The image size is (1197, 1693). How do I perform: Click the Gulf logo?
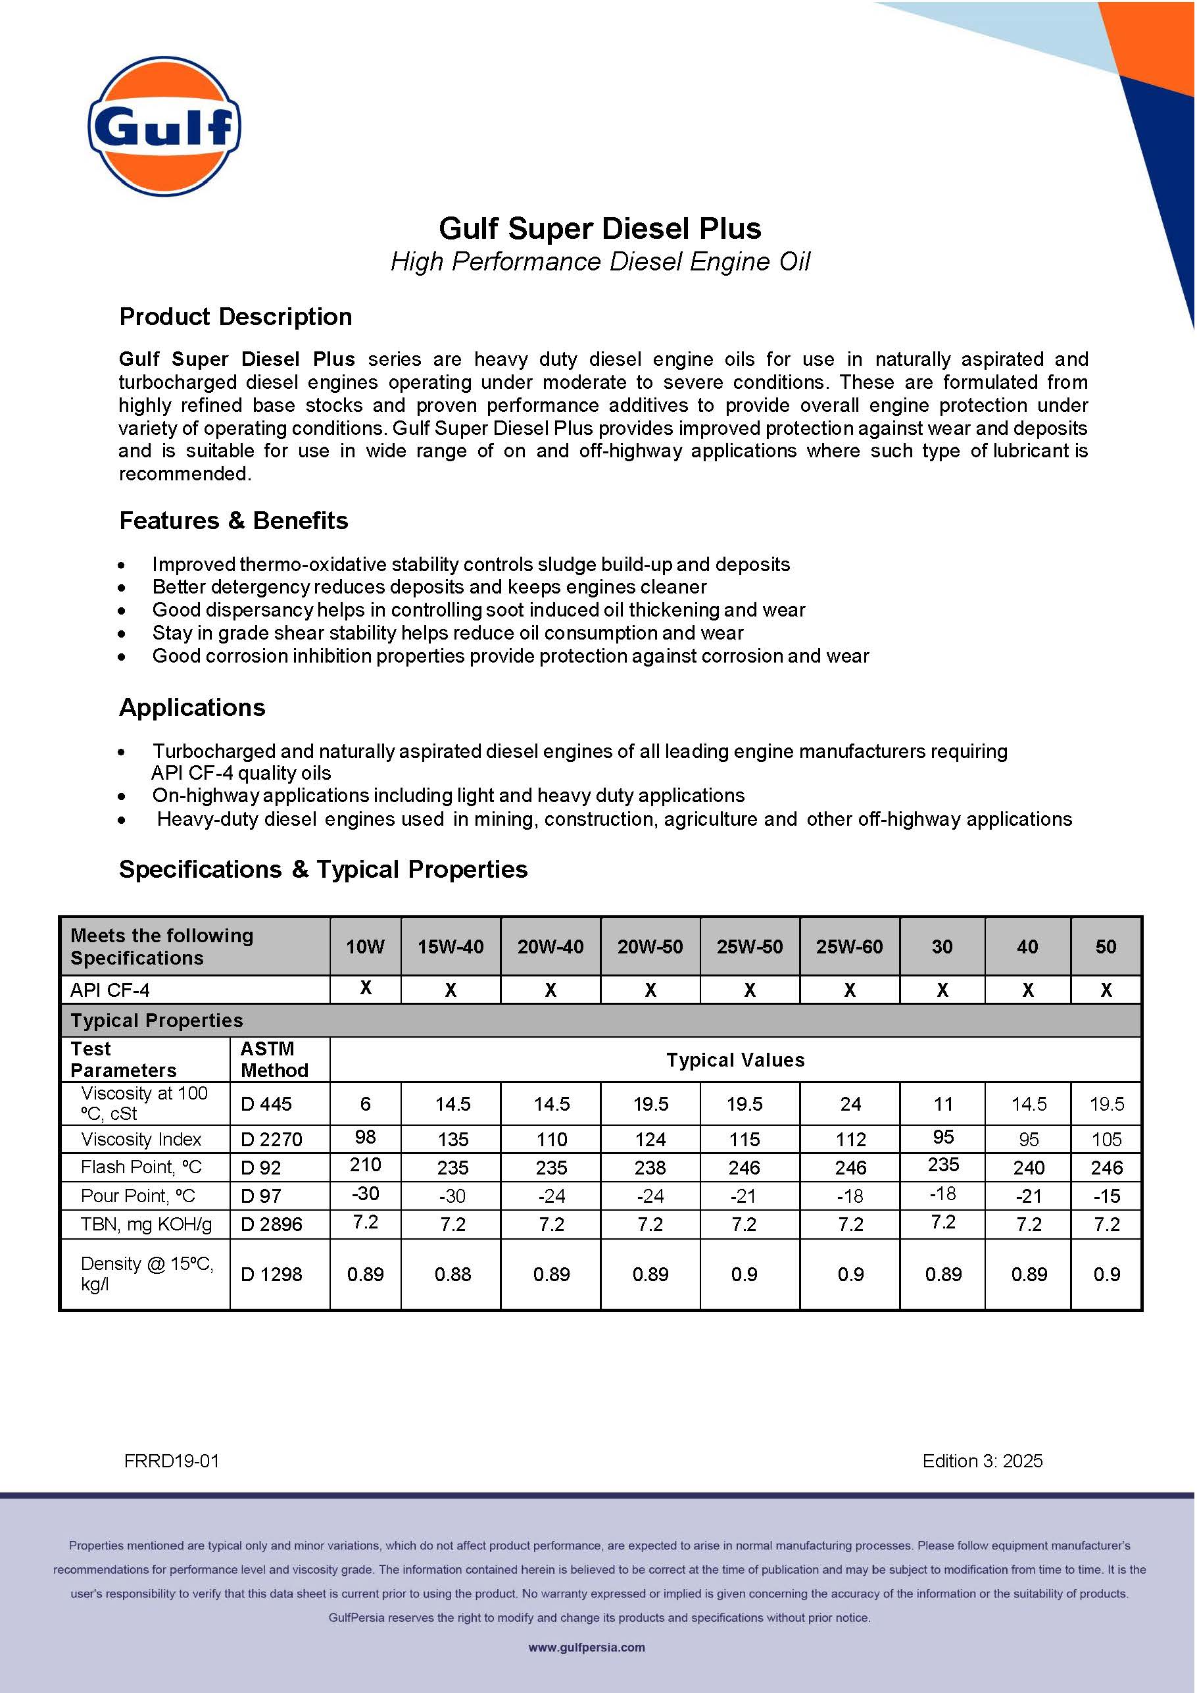(164, 126)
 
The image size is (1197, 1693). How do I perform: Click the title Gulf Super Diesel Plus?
(599, 228)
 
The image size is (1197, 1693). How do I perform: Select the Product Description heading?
(235, 316)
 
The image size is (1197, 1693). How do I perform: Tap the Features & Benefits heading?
(233, 520)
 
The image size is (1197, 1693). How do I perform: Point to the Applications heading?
(191, 707)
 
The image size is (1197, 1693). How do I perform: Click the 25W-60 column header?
(849, 947)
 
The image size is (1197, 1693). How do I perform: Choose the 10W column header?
(365, 947)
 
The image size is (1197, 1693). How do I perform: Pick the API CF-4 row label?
(110, 990)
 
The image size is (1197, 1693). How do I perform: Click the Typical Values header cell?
(735, 1059)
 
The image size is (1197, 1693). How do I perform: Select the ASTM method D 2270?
(271, 1139)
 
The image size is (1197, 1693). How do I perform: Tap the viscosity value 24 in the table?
(850, 1104)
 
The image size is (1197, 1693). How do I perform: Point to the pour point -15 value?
(1106, 1196)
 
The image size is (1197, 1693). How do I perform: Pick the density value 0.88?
(452, 1274)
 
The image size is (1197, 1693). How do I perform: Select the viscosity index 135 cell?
(452, 1139)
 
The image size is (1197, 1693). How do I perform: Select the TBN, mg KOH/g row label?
(146, 1224)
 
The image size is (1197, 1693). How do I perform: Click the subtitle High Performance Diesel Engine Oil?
(599, 262)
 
